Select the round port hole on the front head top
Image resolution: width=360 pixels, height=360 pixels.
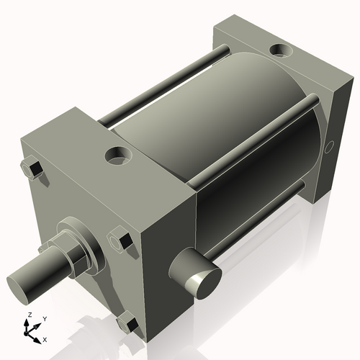tap(117, 154)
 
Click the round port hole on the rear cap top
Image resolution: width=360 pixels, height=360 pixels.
tap(279, 51)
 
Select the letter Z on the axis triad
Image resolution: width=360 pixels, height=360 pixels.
tap(29, 315)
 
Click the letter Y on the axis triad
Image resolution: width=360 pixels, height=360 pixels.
tap(44, 318)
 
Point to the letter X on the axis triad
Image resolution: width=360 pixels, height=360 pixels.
tap(45, 338)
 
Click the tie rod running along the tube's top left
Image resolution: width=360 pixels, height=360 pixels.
tap(166, 83)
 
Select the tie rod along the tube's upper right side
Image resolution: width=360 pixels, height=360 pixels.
tap(259, 133)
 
